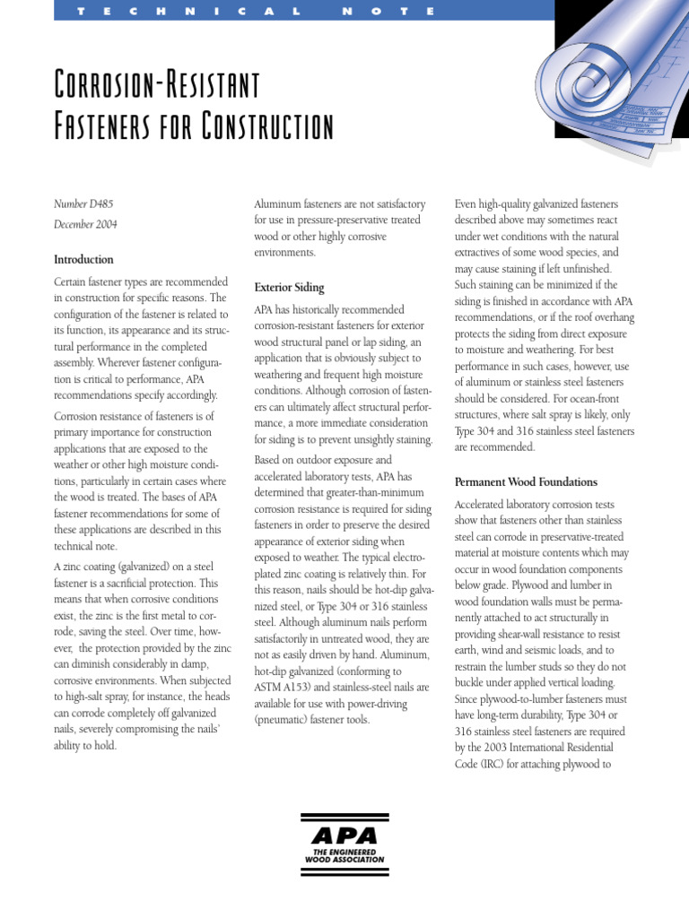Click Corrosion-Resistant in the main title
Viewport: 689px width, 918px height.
click(x=157, y=86)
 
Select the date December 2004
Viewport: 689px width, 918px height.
click(x=86, y=225)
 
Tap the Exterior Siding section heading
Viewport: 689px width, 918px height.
click(x=289, y=288)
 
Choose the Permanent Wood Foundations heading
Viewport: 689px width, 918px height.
click(x=526, y=481)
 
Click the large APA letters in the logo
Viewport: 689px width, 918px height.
click(x=345, y=836)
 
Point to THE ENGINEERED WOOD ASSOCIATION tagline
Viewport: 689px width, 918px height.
click(x=345, y=855)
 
